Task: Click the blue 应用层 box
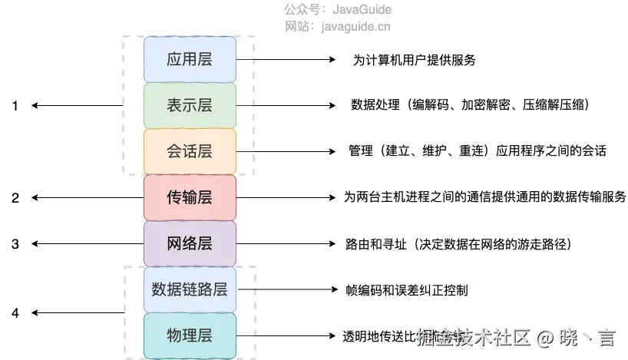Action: [x=190, y=59]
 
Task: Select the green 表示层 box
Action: [x=190, y=105]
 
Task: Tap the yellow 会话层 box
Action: [x=190, y=151]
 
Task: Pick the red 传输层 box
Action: [x=190, y=197]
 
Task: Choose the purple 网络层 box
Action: [x=190, y=244]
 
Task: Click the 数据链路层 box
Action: [x=190, y=289]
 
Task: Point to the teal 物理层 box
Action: [x=190, y=335]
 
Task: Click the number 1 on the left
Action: [x=15, y=107]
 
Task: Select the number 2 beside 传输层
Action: [x=15, y=198]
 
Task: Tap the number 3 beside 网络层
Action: [x=15, y=244]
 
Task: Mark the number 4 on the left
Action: [x=15, y=313]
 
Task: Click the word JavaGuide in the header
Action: [x=362, y=10]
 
